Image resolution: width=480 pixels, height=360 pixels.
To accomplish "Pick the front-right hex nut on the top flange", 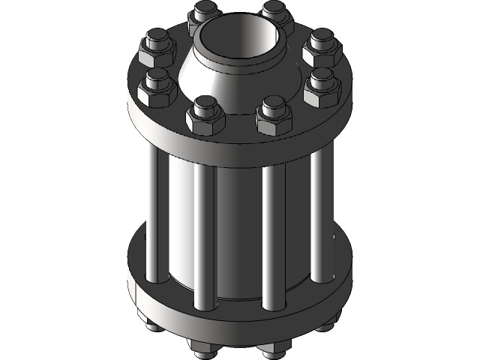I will (272, 116).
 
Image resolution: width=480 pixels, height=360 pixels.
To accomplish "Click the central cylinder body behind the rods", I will (238, 225).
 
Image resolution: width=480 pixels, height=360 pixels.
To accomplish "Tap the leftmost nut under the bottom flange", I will (150, 327).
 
